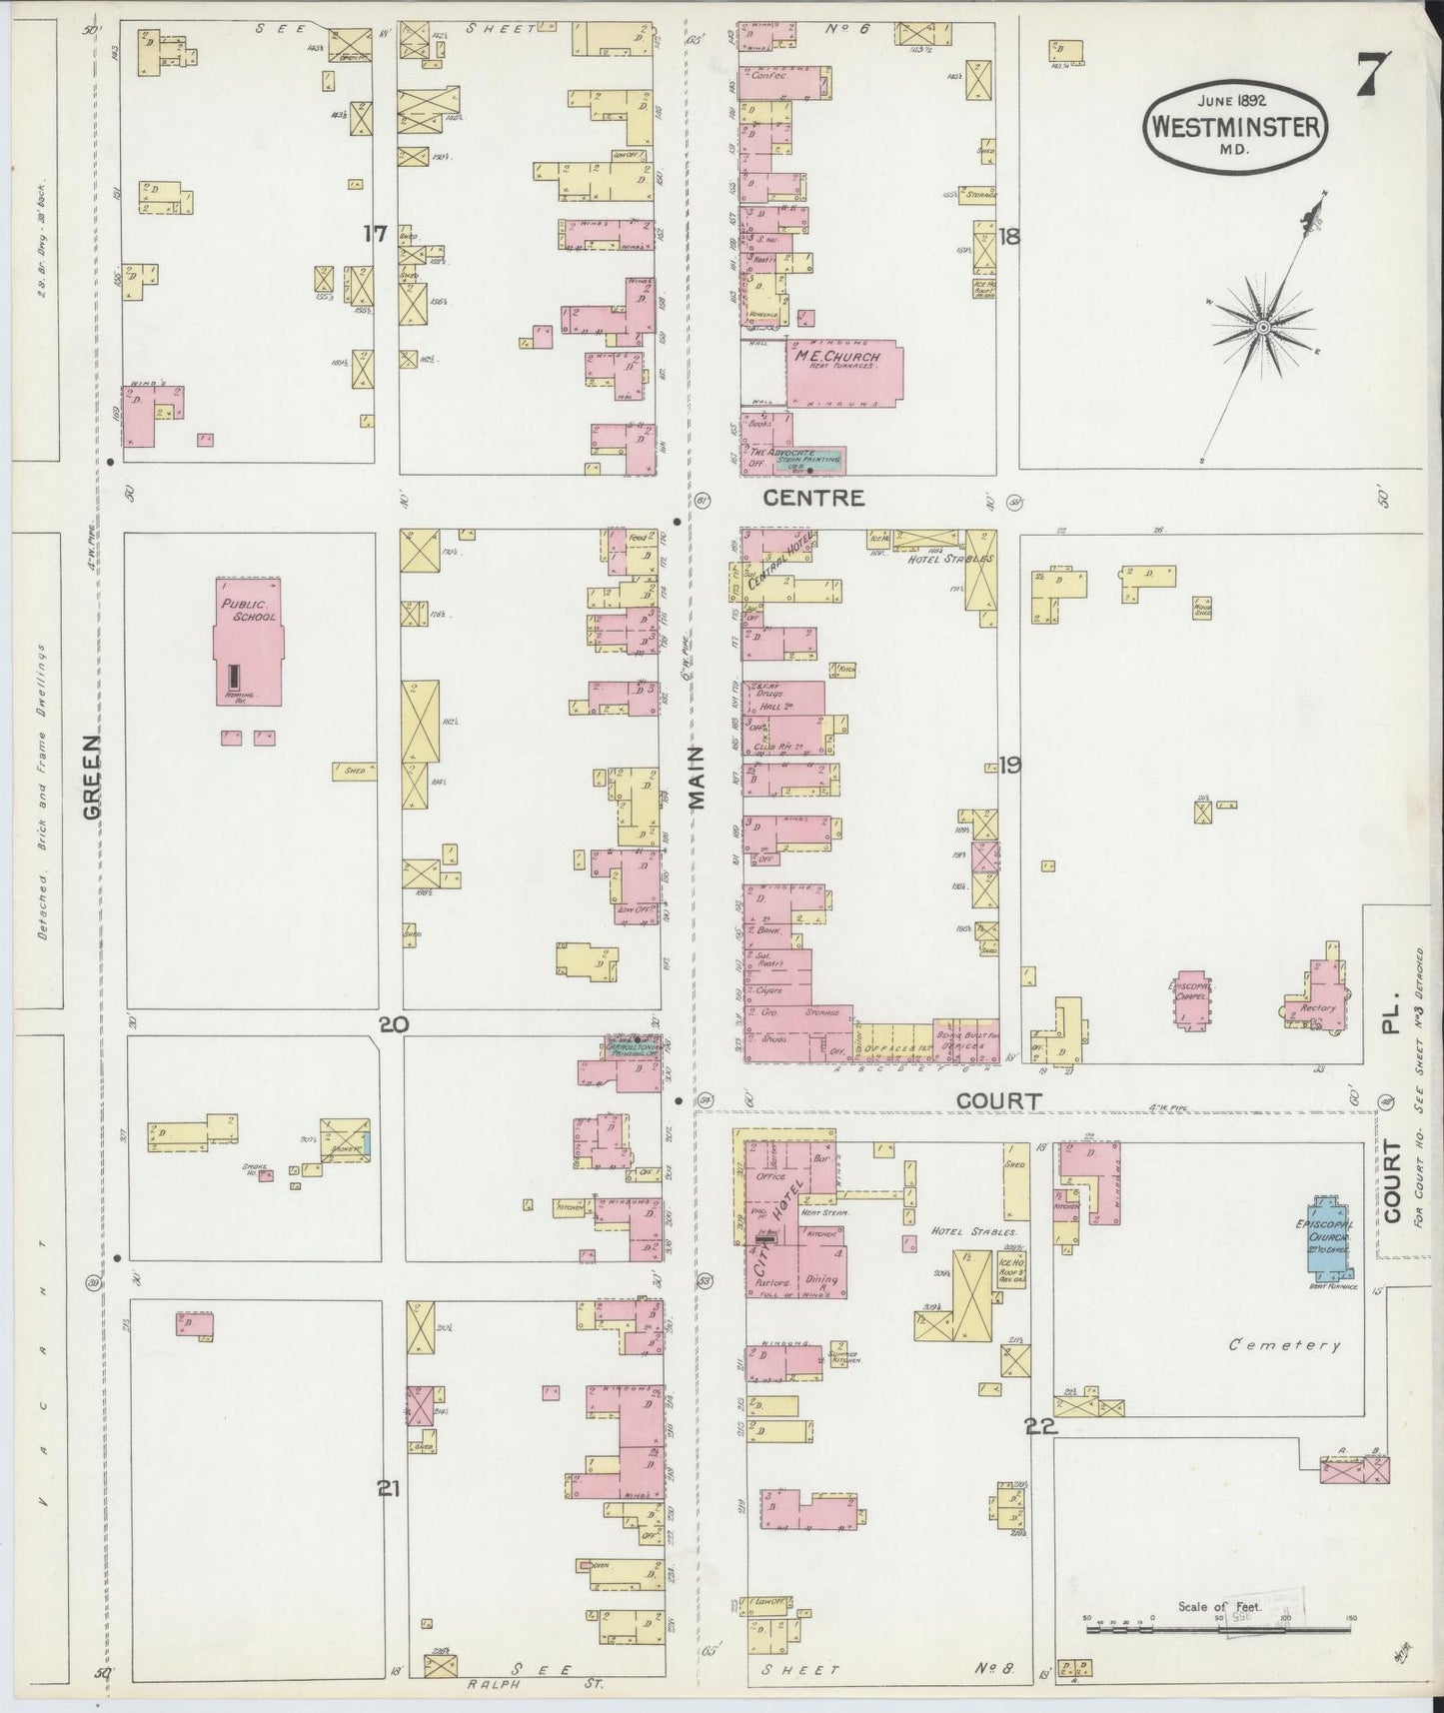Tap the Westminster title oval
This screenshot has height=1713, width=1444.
click(1235, 127)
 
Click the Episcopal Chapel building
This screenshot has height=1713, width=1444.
click(1190, 1000)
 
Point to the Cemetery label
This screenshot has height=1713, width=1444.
click(1284, 1345)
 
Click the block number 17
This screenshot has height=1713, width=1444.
click(375, 234)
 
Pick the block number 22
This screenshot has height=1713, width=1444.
click(1040, 1426)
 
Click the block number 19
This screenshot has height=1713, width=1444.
click(1009, 766)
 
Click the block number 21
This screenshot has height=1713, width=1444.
click(389, 1489)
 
